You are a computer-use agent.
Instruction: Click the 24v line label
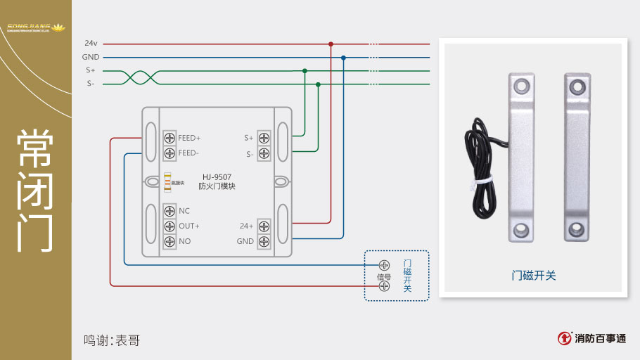coord(91,44)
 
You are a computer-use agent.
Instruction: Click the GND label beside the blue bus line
coord(91,57)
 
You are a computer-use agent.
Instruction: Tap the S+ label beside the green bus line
coord(91,70)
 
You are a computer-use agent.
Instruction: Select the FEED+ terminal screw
coord(169,138)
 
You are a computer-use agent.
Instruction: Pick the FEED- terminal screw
coord(169,153)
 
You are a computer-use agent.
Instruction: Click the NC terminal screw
coord(169,211)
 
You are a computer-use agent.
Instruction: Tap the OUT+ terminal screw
coord(169,226)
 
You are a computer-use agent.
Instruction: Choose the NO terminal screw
coord(169,241)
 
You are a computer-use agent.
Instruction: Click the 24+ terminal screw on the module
coord(264,226)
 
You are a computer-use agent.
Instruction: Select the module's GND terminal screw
coord(264,241)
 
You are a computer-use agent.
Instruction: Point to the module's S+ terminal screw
coord(264,138)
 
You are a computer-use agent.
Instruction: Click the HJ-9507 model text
coord(217,177)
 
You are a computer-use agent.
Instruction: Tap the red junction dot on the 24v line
coord(331,44)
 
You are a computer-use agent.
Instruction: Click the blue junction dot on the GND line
coord(343,58)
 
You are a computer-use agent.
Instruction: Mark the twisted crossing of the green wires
coord(137,77)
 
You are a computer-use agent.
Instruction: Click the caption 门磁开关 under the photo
coord(533,276)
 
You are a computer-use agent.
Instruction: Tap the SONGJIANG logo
coord(35,29)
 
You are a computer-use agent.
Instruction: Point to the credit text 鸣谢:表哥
coord(112,340)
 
